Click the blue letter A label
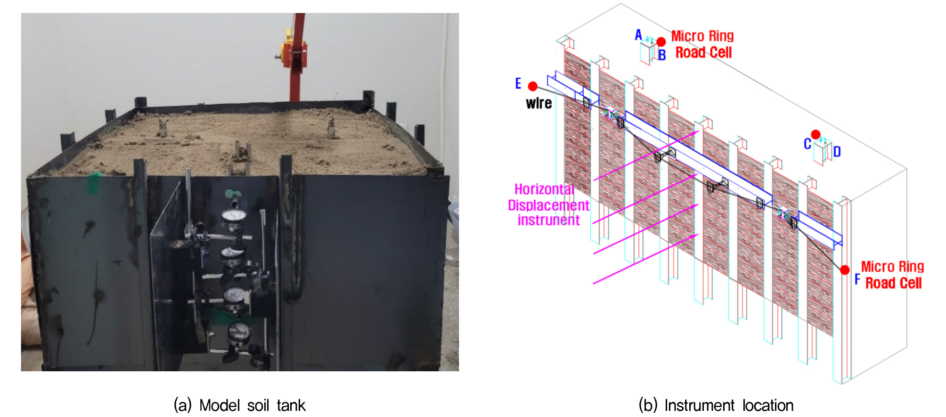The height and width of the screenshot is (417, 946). (638, 35)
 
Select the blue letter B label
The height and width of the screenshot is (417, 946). (662, 55)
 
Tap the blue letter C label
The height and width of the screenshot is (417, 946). (807, 144)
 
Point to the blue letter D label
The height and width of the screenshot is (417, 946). (837, 152)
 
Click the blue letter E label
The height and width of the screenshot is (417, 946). (518, 83)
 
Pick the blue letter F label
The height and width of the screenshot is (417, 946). (857, 279)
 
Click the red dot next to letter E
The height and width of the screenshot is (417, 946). (533, 86)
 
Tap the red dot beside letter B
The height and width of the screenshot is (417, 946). (661, 42)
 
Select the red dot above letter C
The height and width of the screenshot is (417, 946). (816, 134)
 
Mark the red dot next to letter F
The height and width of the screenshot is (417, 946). (845, 270)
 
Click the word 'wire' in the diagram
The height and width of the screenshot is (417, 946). (539, 103)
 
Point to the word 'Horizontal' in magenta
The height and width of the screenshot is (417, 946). (544, 189)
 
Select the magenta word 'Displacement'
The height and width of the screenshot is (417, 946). (548, 205)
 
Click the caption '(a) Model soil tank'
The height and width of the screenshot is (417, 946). (239, 405)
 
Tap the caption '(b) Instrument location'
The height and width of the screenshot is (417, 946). (716, 405)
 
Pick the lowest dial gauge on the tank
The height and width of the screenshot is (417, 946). (239, 333)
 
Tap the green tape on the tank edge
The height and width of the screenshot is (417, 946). (94, 183)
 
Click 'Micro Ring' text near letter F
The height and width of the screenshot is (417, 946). (893, 267)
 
